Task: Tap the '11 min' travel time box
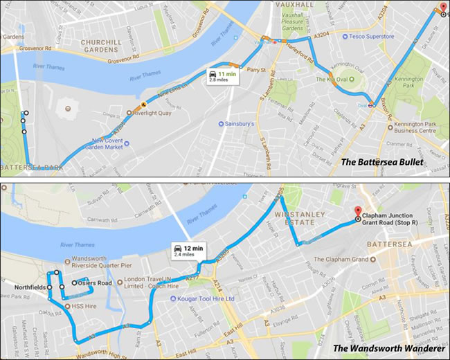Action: (x=222, y=76)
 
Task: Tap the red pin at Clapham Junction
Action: (x=358, y=211)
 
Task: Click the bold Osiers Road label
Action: (x=93, y=282)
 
